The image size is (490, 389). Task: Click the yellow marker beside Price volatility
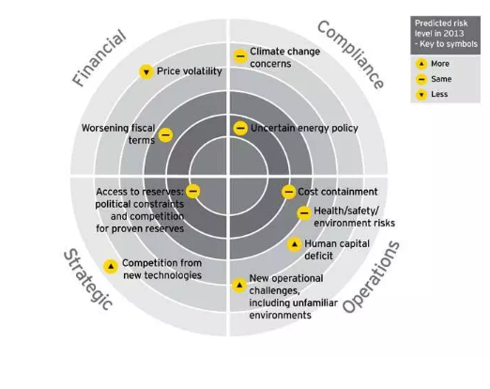146,72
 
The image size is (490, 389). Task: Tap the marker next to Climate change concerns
240,56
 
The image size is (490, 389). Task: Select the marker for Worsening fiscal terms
165,135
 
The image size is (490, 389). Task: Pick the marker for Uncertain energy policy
240,128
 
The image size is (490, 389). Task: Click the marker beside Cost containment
288,192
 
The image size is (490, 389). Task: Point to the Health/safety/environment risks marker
304,213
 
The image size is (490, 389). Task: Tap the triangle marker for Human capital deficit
295,244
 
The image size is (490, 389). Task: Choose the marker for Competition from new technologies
111,267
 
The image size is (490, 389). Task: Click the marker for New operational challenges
239,286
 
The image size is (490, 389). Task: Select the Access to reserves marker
192,191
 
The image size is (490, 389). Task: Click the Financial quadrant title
100,57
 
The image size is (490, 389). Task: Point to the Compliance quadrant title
350,54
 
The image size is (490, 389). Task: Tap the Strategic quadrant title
88,280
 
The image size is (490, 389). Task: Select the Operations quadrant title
371,277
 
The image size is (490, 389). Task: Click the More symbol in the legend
421,64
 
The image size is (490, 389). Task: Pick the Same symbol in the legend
421,79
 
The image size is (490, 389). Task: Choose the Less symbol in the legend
421,94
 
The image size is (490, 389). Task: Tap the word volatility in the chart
202,71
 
